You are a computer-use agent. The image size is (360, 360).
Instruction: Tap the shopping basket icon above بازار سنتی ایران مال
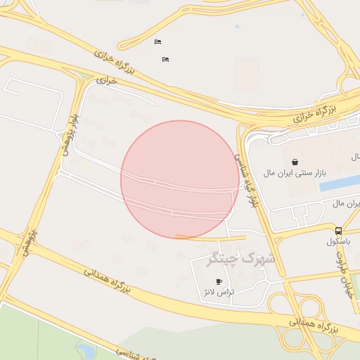[294, 162]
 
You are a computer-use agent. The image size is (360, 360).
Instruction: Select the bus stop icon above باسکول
[339, 231]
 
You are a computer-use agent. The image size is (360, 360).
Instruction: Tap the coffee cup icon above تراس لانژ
[219, 281]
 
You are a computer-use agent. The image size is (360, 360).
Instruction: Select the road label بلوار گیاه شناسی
[246, 179]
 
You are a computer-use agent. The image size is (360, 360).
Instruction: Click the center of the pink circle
[180, 179]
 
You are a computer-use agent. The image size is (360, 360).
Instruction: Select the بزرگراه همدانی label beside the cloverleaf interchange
[313, 325]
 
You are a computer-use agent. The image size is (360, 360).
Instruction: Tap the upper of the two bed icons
[157, 41]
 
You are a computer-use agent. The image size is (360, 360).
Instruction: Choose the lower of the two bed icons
[165, 59]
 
